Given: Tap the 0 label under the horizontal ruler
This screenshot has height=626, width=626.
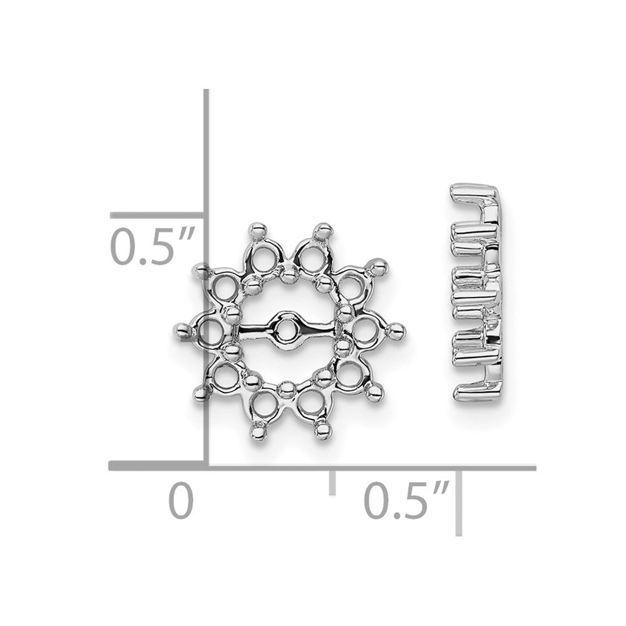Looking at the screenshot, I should [x=180, y=500].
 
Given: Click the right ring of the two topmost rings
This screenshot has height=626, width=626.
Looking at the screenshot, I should [x=310, y=254].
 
